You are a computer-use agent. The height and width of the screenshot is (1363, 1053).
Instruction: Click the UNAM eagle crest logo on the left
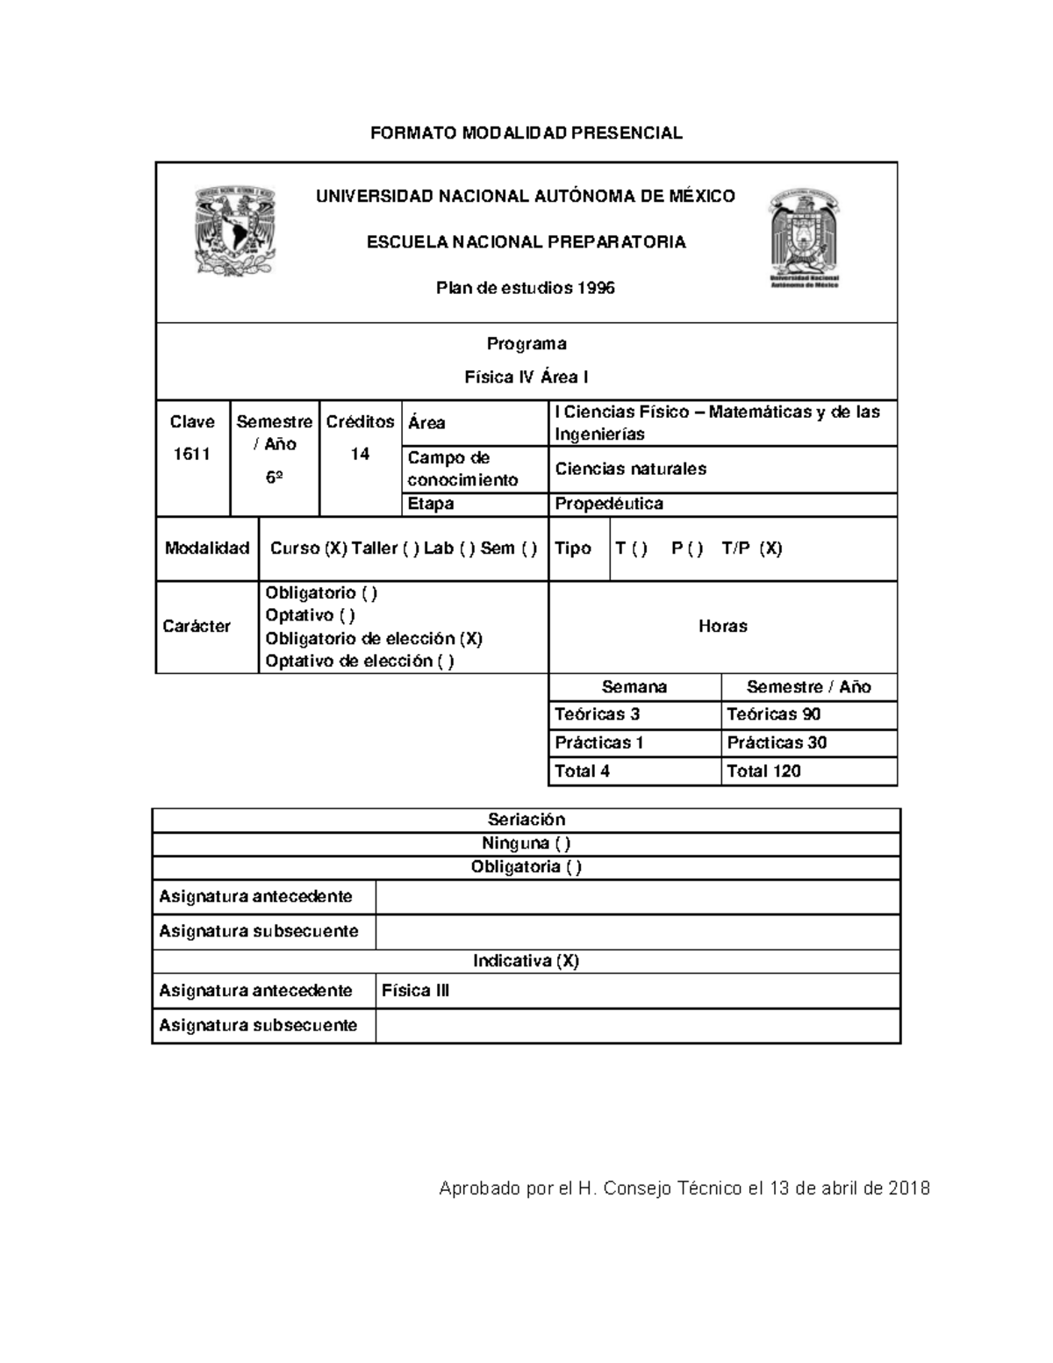tap(234, 231)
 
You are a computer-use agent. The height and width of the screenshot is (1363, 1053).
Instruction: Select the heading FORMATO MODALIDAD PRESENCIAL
tap(526, 133)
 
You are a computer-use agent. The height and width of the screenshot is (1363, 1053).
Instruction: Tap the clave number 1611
tap(191, 454)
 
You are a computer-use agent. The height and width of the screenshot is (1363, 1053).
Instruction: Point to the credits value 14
tap(360, 454)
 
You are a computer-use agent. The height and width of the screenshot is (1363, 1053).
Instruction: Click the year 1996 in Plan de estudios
tap(596, 288)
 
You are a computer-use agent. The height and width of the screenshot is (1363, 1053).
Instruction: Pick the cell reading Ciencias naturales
tap(630, 469)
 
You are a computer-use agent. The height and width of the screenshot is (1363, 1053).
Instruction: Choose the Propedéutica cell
tap(609, 504)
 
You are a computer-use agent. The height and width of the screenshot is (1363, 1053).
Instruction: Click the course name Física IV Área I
tap(526, 377)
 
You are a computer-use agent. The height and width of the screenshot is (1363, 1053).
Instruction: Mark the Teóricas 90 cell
tap(774, 714)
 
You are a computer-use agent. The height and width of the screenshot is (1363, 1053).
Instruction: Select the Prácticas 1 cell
tap(599, 742)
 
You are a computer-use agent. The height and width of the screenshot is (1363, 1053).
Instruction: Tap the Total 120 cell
tap(763, 771)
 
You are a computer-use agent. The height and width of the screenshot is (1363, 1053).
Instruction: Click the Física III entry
tap(416, 991)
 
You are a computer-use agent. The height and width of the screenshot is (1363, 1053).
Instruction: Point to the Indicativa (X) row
tap(526, 961)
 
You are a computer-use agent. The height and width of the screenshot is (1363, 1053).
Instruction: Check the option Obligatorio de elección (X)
tap(374, 638)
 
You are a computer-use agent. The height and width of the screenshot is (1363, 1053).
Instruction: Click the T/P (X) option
tap(751, 549)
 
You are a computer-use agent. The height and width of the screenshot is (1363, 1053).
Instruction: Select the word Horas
tap(722, 626)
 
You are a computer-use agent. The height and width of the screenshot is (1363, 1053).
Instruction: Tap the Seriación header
tap(526, 820)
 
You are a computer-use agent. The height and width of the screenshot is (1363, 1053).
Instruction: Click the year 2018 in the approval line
tap(908, 1189)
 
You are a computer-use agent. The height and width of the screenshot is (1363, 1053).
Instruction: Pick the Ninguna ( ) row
tap(526, 843)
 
